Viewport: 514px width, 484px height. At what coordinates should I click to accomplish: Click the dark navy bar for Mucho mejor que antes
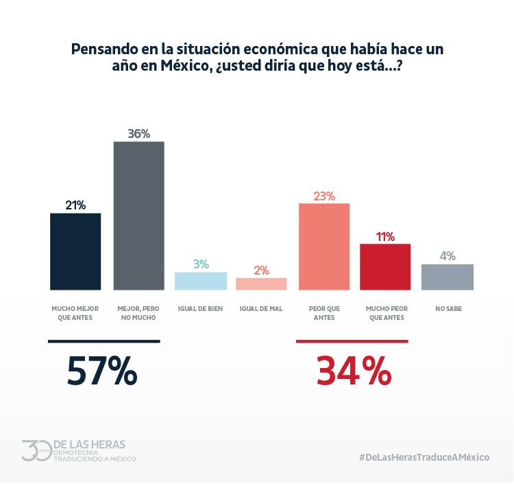pos(75,251)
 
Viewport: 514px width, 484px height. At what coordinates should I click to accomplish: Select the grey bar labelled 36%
pos(138,216)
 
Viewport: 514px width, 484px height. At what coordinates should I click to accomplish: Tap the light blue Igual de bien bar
pos(200,281)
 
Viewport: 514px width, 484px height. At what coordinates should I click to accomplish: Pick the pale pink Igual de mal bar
pos(261,284)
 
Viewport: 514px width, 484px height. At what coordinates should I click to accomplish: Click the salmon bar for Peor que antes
pos(324,246)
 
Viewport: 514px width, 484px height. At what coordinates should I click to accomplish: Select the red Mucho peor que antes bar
pos(385,266)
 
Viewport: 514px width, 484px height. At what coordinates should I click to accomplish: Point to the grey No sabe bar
pos(448,277)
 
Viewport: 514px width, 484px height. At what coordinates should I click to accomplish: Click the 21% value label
pos(75,205)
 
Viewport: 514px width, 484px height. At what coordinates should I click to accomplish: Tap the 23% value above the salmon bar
pos(324,196)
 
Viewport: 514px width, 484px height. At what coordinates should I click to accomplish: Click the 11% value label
pos(385,237)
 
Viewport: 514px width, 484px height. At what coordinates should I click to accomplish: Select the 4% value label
pos(448,256)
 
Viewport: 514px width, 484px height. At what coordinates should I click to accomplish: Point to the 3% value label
pos(200,264)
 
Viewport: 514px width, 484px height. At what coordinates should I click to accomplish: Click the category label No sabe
pos(448,309)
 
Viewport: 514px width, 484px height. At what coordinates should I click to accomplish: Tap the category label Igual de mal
pos(261,309)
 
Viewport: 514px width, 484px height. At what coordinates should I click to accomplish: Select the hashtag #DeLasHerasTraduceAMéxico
pos(424,457)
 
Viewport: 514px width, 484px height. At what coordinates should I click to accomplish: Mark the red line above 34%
pos(352,341)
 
